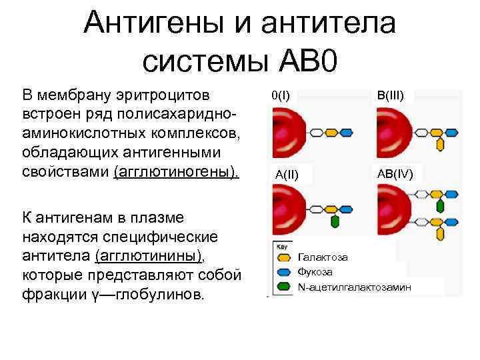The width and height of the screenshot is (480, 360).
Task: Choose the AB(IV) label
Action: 395,174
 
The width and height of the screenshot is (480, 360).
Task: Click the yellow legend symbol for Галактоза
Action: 283,257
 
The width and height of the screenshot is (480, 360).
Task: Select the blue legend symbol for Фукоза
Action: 283,272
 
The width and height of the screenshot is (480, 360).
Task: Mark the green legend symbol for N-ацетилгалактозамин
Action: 283,287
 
